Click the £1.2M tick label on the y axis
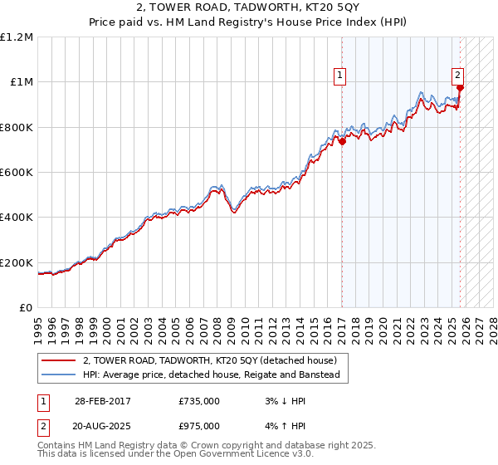click(x=17, y=37)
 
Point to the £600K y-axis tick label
click(x=17, y=173)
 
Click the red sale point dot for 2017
click(x=342, y=142)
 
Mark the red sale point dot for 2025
click(x=460, y=88)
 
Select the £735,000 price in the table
click(x=199, y=400)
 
